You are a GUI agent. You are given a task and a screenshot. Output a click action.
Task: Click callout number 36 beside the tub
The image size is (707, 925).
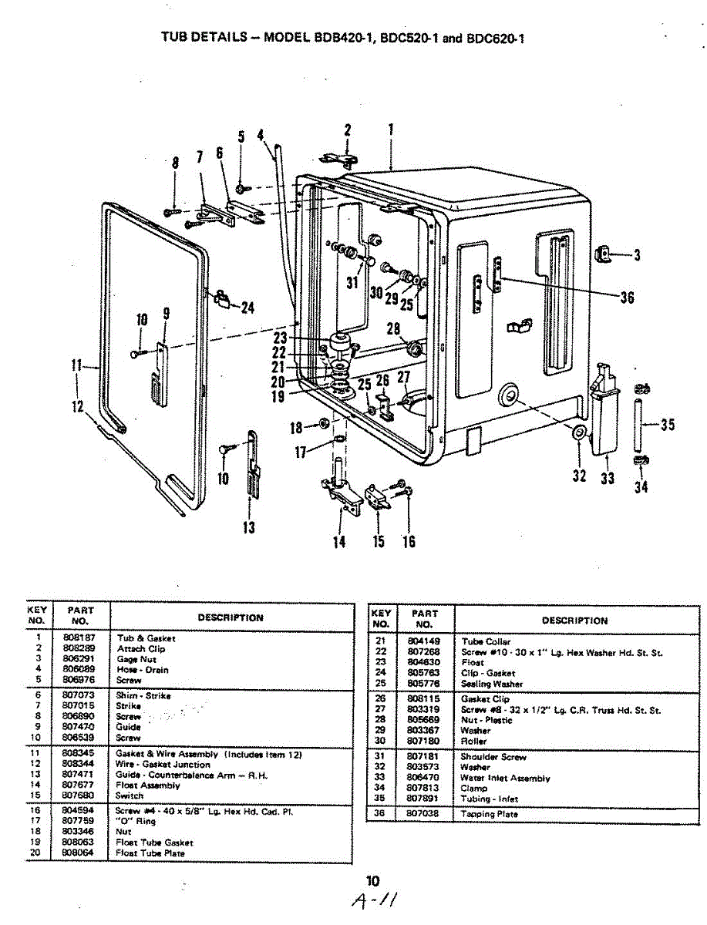point(628,297)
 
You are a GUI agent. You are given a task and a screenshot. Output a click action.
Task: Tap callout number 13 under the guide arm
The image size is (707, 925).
point(249,528)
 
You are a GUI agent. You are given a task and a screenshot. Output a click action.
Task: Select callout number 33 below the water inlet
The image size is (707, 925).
point(608,478)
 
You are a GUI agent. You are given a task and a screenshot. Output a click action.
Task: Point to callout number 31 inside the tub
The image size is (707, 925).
point(352,283)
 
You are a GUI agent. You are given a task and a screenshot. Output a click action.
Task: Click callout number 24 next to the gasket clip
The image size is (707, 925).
point(247,308)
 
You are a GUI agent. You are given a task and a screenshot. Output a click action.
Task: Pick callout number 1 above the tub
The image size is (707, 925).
point(391,130)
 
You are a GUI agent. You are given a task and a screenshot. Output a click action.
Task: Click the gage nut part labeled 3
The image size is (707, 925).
point(606,254)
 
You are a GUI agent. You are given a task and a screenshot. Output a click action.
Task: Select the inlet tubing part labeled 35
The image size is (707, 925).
point(639,424)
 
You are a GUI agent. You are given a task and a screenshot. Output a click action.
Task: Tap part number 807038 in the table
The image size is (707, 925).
point(423,813)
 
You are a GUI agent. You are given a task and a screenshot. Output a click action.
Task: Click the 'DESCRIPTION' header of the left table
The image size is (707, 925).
point(230,617)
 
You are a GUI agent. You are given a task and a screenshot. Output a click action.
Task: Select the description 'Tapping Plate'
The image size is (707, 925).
point(490,813)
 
